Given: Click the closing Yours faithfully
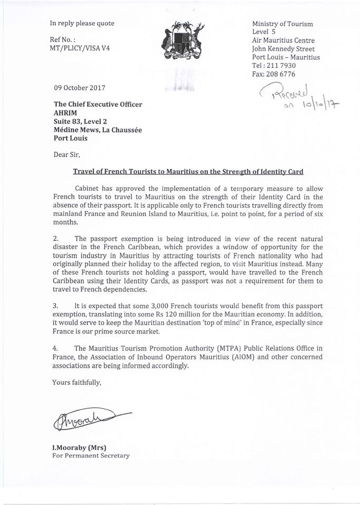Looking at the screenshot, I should pyautogui.click(x=77, y=382).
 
